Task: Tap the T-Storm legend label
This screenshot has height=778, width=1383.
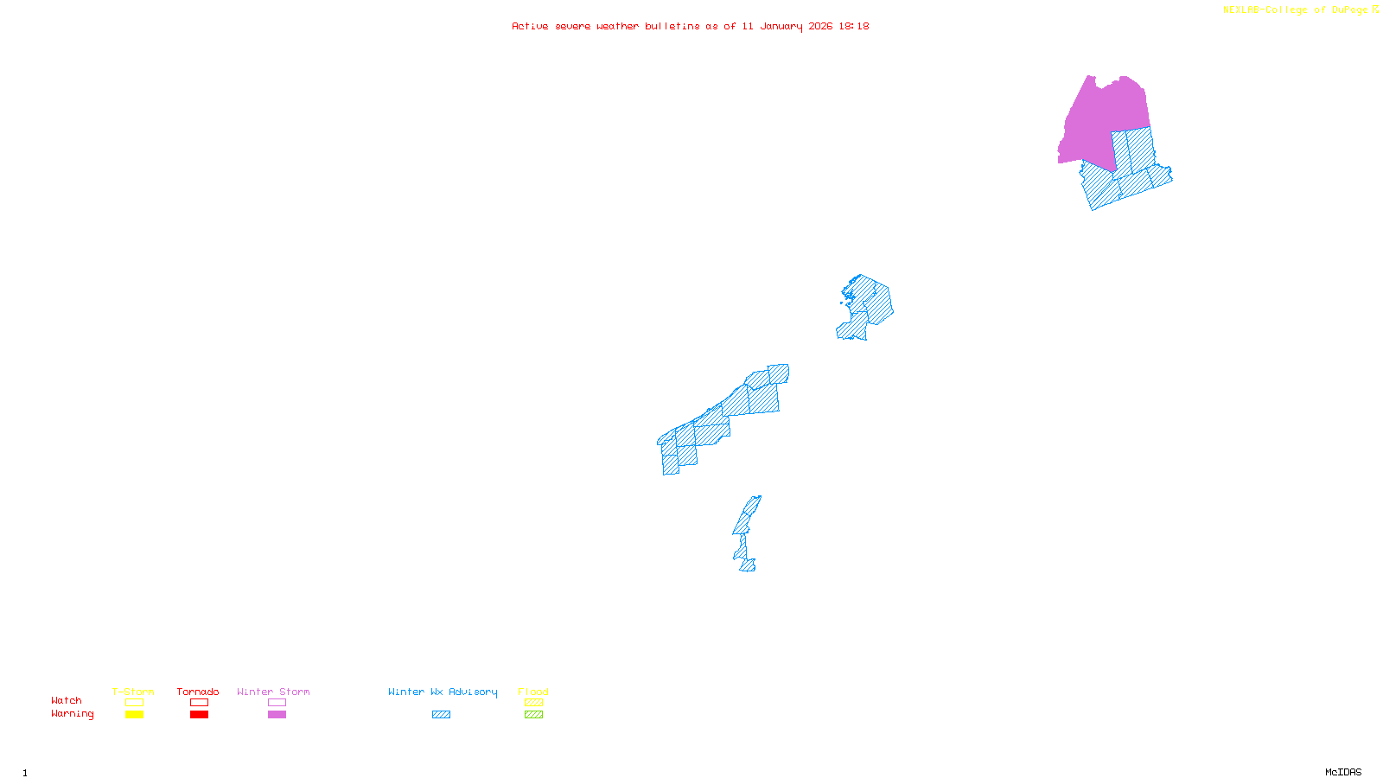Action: (x=133, y=692)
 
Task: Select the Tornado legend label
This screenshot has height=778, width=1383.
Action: (x=198, y=692)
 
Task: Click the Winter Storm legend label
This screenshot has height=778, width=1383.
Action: (x=273, y=692)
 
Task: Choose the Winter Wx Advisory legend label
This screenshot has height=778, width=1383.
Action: (x=443, y=692)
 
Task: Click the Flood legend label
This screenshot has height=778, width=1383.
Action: (x=533, y=692)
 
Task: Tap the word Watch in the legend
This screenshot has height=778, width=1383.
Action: (x=67, y=700)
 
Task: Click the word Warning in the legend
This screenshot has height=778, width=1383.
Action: (x=73, y=714)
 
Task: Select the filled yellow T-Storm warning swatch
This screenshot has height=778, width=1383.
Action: (x=134, y=715)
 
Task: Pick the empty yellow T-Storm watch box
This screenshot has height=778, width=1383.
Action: (x=134, y=703)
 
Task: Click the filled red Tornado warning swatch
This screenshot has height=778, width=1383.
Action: (x=199, y=715)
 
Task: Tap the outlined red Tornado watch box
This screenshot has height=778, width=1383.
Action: (x=199, y=703)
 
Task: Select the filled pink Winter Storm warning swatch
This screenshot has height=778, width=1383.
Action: (x=277, y=715)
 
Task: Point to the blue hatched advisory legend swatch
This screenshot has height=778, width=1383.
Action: (x=441, y=715)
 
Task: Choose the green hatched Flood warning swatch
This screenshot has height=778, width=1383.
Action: (x=533, y=715)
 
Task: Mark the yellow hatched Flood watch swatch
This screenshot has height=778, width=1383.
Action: (x=533, y=703)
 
